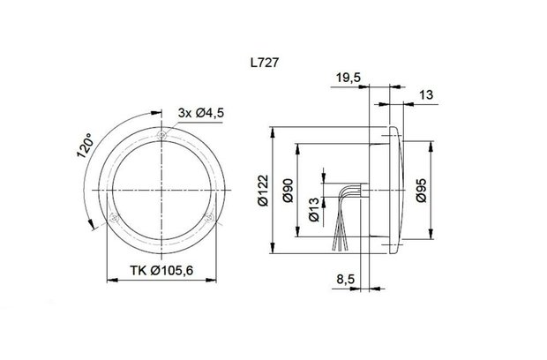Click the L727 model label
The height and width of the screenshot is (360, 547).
tap(265, 63)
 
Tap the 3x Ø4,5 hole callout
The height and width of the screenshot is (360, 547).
tap(200, 113)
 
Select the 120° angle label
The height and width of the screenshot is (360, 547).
tap(86, 145)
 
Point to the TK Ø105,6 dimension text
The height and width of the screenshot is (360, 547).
tap(161, 270)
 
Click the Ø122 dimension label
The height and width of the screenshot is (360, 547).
tap(264, 191)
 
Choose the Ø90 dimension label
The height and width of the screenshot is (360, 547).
tap(288, 191)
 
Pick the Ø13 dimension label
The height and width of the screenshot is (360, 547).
tap(313, 210)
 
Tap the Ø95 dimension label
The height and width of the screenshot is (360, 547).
tap(421, 191)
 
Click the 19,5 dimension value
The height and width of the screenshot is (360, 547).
tap(348, 78)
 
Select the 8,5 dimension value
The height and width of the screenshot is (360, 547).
tap(345, 279)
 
